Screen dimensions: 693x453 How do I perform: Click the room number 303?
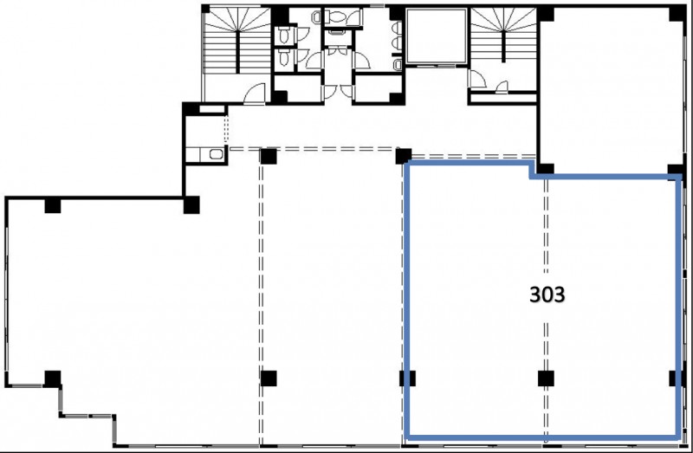pos(547,294)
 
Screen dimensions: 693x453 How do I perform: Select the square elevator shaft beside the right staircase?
pos(437,36)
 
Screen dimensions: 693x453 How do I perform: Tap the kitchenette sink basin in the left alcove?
pos(216,154)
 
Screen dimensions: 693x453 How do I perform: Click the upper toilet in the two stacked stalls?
pos(284,35)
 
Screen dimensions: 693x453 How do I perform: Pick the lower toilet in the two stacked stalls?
pos(284,56)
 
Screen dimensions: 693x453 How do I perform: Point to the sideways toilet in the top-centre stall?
pos(337,17)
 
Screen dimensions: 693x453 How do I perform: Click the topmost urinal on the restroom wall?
pos(397,28)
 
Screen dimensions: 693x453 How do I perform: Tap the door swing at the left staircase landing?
pos(255,94)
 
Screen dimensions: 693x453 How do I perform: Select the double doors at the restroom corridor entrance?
pos(338,92)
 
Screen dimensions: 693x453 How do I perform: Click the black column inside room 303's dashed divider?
pos(546,379)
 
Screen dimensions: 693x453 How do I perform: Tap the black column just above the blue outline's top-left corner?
pos(403,156)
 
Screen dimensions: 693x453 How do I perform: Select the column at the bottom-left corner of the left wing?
pos(53,379)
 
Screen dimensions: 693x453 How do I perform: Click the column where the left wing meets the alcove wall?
pos(191,205)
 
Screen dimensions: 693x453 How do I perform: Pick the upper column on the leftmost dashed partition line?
pos(269,157)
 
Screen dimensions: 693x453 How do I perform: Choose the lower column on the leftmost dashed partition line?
pos(269,379)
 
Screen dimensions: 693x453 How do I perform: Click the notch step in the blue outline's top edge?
pos(533,171)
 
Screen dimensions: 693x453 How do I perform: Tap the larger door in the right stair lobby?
pos(477,79)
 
